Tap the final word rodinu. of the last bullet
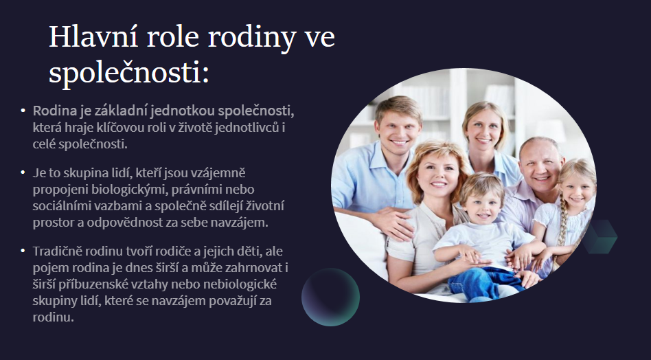[x=53, y=317]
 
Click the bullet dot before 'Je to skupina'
[x=23, y=172]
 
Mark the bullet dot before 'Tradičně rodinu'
[x=23, y=251]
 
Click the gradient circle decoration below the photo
[x=330, y=297]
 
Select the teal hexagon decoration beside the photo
[x=601, y=236]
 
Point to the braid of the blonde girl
[x=562, y=224]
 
